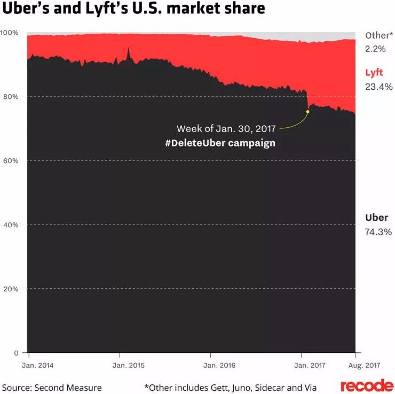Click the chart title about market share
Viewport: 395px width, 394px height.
click(133, 10)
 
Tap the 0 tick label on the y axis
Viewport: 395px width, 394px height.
click(17, 353)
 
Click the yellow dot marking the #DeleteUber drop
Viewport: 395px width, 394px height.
click(307, 112)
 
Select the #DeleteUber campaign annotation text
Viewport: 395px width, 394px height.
click(220, 143)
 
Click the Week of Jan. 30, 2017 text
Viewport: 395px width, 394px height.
click(226, 129)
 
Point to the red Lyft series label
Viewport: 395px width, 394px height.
click(374, 73)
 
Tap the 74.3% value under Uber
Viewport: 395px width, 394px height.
click(378, 232)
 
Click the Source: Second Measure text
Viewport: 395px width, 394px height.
click(52, 387)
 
